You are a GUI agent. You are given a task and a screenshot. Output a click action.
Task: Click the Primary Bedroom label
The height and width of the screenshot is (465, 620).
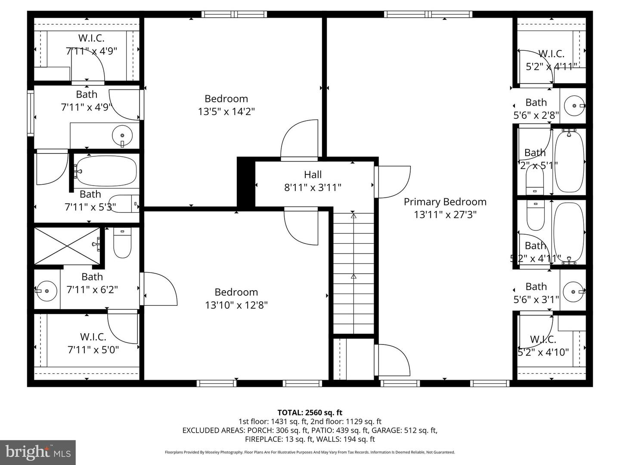click(x=445, y=202)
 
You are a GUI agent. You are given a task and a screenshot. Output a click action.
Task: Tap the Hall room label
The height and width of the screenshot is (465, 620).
click(x=313, y=175)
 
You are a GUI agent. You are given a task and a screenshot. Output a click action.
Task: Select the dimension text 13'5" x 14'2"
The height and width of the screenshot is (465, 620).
click(x=226, y=112)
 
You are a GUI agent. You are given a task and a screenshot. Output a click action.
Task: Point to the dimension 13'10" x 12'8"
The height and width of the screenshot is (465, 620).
click(x=236, y=305)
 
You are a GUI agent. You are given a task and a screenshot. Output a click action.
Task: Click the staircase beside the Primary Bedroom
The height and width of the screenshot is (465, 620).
click(x=353, y=273)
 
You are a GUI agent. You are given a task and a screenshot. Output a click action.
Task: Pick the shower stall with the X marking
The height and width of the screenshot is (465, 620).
click(x=67, y=246)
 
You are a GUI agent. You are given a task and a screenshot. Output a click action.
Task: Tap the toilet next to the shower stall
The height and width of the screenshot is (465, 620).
click(x=122, y=243)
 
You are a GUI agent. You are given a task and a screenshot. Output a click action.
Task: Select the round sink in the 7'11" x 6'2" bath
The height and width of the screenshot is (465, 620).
click(x=46, y=291)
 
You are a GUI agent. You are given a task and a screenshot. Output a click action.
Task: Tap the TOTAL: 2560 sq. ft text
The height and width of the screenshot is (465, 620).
click(x=310, y=412)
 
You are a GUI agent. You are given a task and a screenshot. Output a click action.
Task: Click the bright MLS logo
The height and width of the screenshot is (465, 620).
click(x=38, y=452)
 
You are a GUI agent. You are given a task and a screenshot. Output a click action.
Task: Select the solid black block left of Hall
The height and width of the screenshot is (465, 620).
click(x=246, y=183)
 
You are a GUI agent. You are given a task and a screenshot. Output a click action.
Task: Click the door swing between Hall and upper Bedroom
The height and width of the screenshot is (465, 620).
click(x=299, y=140)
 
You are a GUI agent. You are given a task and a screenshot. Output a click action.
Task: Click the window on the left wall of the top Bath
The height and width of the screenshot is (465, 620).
click(x=31, y=112)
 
